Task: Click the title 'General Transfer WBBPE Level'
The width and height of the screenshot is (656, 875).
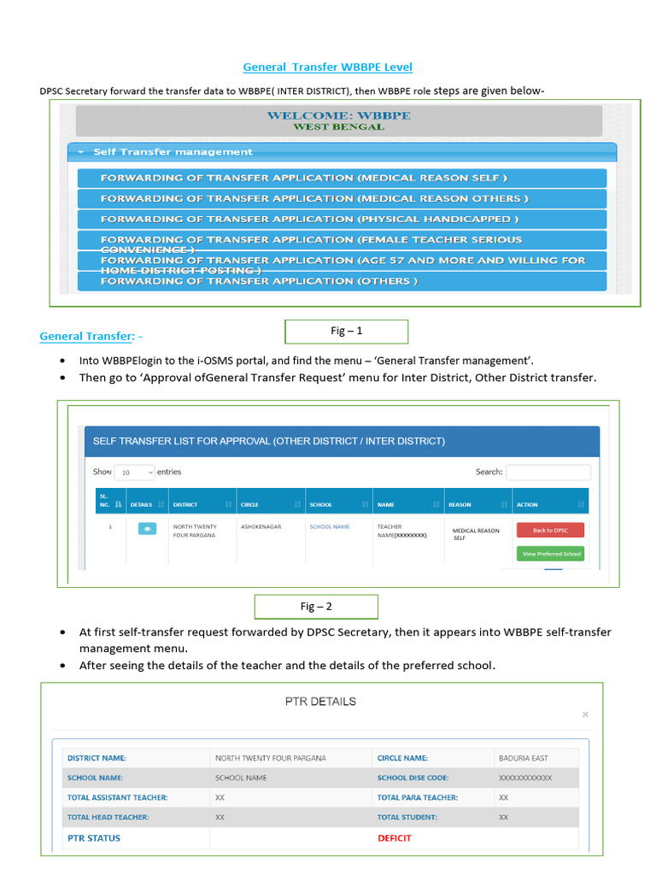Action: coord(327,67)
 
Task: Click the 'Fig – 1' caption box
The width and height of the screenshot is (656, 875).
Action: coord(346,331)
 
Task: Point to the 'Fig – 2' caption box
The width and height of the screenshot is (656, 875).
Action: coord(316,607)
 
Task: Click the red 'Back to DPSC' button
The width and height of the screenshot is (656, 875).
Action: coord(549,530)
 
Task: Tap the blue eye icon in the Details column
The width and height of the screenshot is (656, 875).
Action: coord(147,529)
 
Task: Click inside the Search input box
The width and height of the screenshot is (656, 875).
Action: coord(548,472)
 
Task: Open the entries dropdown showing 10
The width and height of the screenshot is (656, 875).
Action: coord(134,472)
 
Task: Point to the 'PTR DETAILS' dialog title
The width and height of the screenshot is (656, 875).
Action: coord(320,702)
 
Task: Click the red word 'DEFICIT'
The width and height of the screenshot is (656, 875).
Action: coord(395,838)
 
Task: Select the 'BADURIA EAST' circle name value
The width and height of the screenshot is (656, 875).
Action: coord(523,758)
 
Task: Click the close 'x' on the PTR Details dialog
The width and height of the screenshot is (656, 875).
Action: coord(585,713)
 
